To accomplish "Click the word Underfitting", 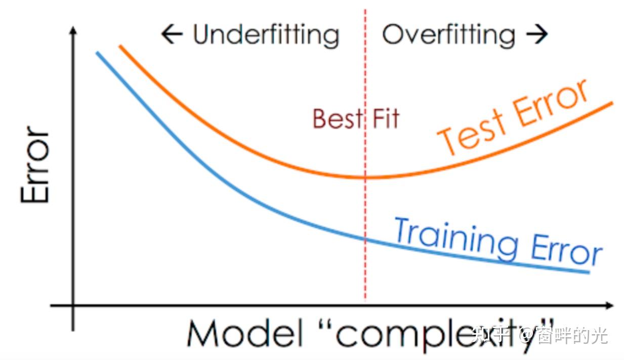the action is (x=266, y=35).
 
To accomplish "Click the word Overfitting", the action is (x=448, y=35).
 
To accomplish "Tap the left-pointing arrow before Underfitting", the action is (x=172, y=34).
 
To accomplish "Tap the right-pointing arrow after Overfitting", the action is (x=537, y=34).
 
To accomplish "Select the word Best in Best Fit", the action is (x=338, y=118).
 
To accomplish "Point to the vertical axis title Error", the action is (x=35, y=165).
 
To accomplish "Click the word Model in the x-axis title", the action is (x=244, y=333).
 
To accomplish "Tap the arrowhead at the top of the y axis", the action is (x=73, y=31).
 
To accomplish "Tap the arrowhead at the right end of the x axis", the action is (x=609, y=306).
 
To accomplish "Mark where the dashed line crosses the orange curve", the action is (x=365, y=177).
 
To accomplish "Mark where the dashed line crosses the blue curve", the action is (x=365, y=239).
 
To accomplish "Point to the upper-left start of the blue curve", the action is (x=97, y=52).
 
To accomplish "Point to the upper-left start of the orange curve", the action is (x=120, y=46).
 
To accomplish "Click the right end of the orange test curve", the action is (x=612, y=103).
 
